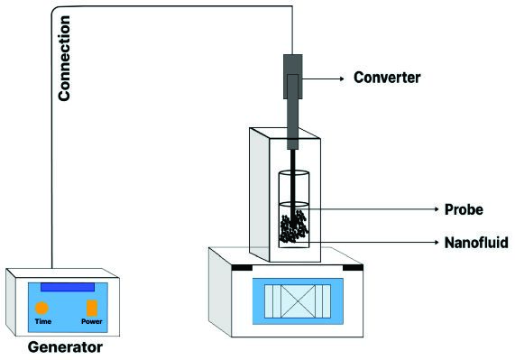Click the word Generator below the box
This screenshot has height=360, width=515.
coord(65,347)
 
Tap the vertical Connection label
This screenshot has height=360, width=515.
coord(64,58)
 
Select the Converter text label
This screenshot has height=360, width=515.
coord(387,78)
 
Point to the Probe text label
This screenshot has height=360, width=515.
coord(464,209)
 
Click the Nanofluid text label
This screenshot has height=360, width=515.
coord(476,243)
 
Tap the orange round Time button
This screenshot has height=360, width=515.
coord(41,308)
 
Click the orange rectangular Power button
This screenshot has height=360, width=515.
coord(92,308)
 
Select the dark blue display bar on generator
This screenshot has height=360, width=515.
coord(68,287)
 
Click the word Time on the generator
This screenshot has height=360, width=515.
coord(43,321)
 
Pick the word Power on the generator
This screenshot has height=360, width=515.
coord(92,321)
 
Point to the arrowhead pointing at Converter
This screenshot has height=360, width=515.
coord(342,78)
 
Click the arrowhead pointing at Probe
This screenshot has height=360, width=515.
coord(437,209)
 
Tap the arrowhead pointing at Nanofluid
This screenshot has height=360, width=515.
coord(437,243)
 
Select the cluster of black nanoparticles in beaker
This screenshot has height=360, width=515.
coord(294,226)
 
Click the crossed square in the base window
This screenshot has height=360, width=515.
coord(298,301)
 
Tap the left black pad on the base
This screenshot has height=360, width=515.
coord(242,268)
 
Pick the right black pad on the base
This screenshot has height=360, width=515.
coord(353,268)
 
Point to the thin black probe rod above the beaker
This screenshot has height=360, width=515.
coord(292,160)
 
